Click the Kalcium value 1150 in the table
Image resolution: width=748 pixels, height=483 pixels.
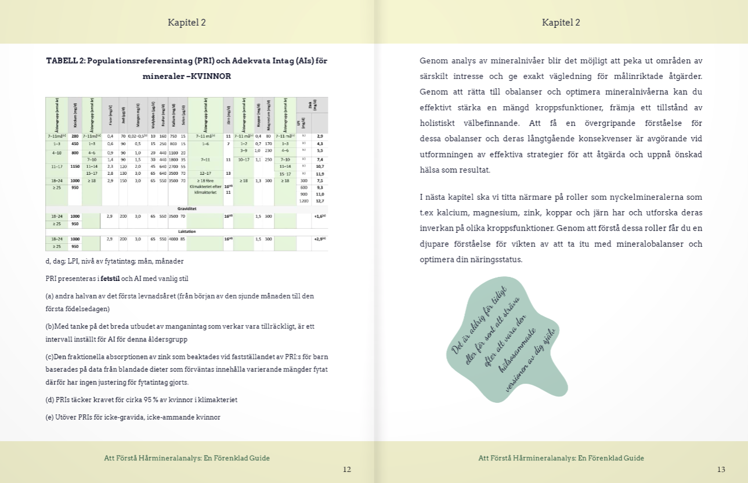[75, 166]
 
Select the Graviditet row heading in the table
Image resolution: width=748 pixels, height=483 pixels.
[186, 207]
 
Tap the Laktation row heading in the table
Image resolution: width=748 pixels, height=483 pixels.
[186, 230]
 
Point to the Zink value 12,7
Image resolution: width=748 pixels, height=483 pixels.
[320, 201]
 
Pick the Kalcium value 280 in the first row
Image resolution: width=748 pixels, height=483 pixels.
[75, 136]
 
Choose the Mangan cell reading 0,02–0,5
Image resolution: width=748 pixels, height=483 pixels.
[138, 136]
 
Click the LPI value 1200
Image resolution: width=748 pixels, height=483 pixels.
[303, 201]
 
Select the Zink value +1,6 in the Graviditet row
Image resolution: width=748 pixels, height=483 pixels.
[319, 216]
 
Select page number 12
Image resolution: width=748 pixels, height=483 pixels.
[346, 470]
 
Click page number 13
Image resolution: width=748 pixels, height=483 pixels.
[721, 470]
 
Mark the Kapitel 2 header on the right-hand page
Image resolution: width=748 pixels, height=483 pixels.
[561, 23]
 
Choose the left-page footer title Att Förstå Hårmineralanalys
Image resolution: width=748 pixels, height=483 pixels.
[186, 458]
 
